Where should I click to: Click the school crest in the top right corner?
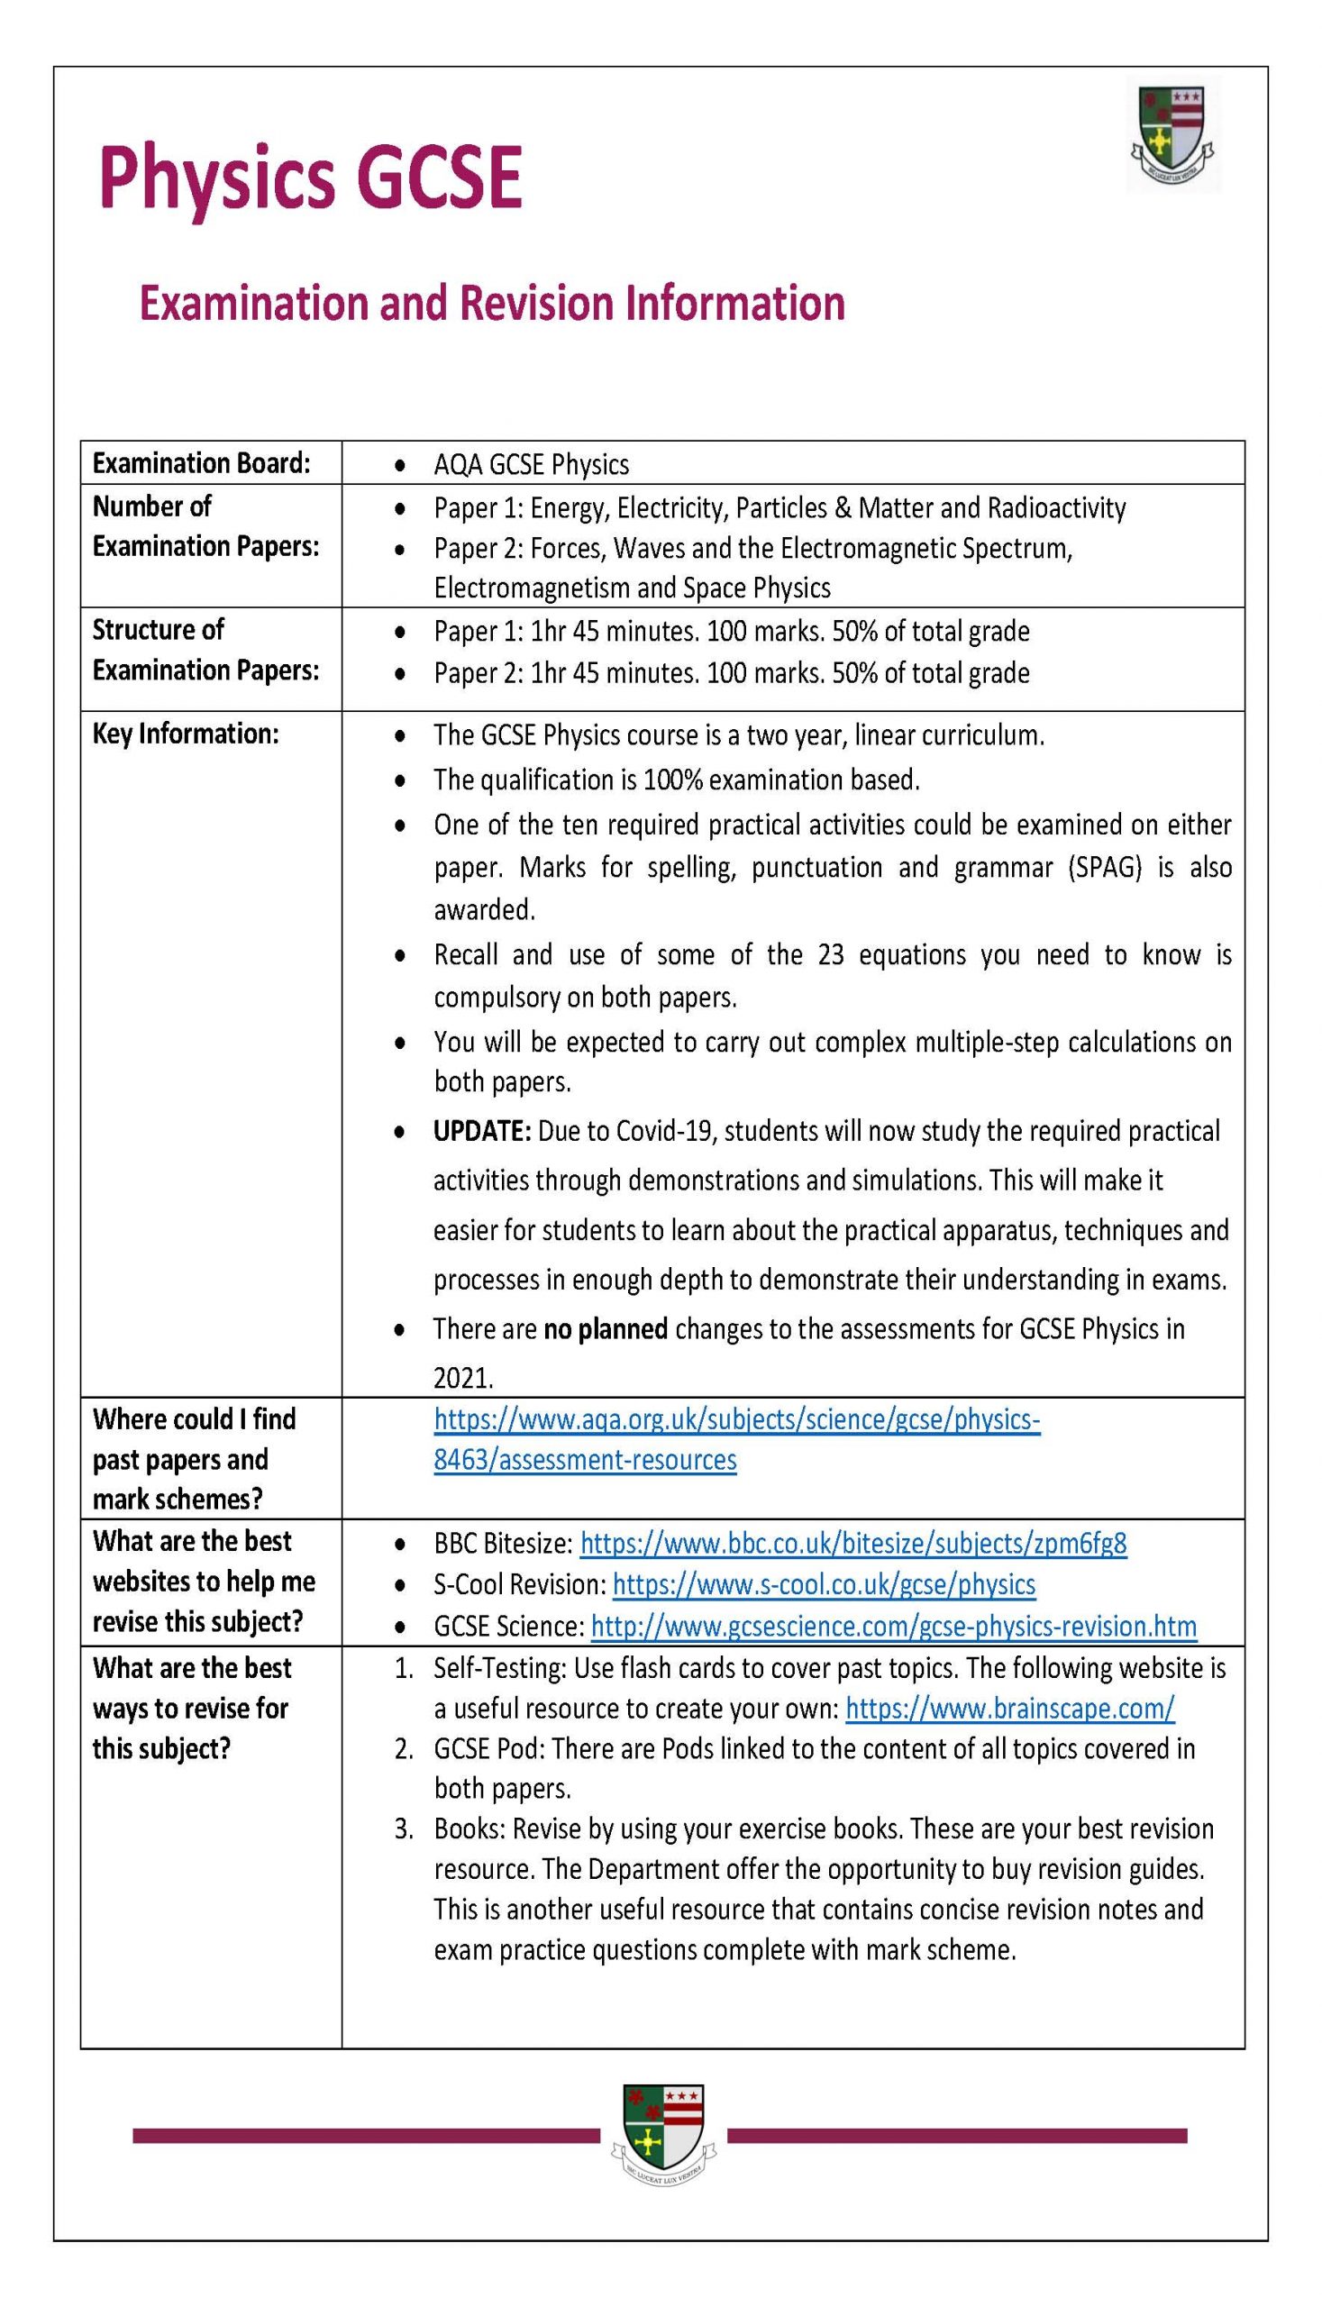pyautogui.click(x=1173, y=134)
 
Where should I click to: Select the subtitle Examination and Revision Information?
pyautogui.click(x=491, y=303)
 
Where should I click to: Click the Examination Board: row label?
pyautogui.click(x=201, y=463)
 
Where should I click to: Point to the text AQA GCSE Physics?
pyautogui.click(x=531, y=465)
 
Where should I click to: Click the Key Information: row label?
pyautogui.click(x=186, y=734)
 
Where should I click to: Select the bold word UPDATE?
pyautogui.click(x=482, y=1131)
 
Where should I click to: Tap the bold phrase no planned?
pyautogui.click(x=606, y=1329)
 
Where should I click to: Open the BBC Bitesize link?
pyautogui.click(x=852, y=1544)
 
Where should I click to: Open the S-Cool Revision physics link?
pyautogui.click(x=824, y=1584)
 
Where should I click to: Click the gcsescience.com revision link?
pyautogui.click(x=893, y=1626)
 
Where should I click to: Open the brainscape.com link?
pyautogui.click(x=1009, y=1709)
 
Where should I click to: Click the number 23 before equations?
pyautogui.click(x=831, y=955)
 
